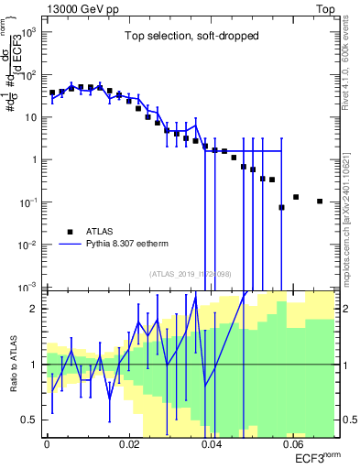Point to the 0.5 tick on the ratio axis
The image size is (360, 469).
[x=31, y=420]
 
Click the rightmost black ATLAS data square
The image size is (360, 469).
[x=320, y=202]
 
